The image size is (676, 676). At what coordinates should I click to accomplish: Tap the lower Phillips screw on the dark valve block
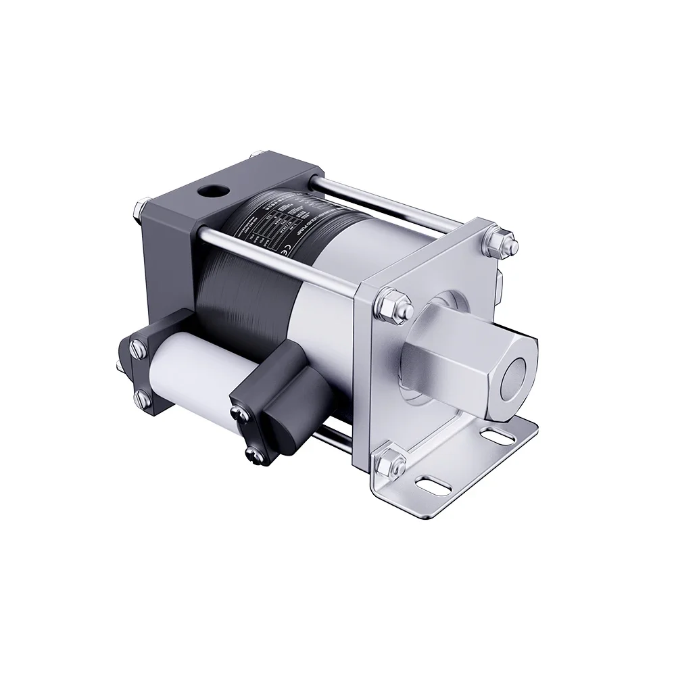pos(251,454)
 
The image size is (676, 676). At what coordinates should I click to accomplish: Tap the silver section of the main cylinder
pos(324,297)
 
